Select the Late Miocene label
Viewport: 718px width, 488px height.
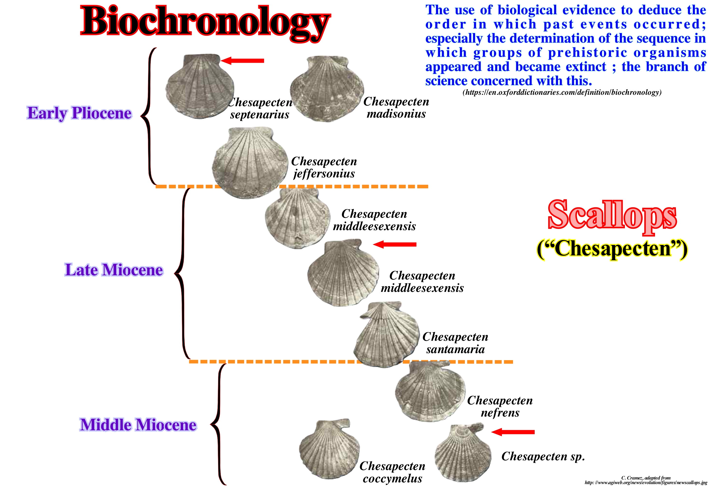114,270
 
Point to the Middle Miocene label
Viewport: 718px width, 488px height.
138,425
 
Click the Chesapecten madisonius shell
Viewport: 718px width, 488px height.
327,89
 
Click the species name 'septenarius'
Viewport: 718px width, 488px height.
259,114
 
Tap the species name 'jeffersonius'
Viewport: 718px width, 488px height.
324,174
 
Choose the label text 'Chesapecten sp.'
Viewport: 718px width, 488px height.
543,456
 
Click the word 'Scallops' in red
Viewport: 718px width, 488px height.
612,215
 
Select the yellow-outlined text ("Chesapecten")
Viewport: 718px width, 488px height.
612,249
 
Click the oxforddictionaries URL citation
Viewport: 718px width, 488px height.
562,92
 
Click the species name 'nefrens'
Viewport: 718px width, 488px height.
500,413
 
